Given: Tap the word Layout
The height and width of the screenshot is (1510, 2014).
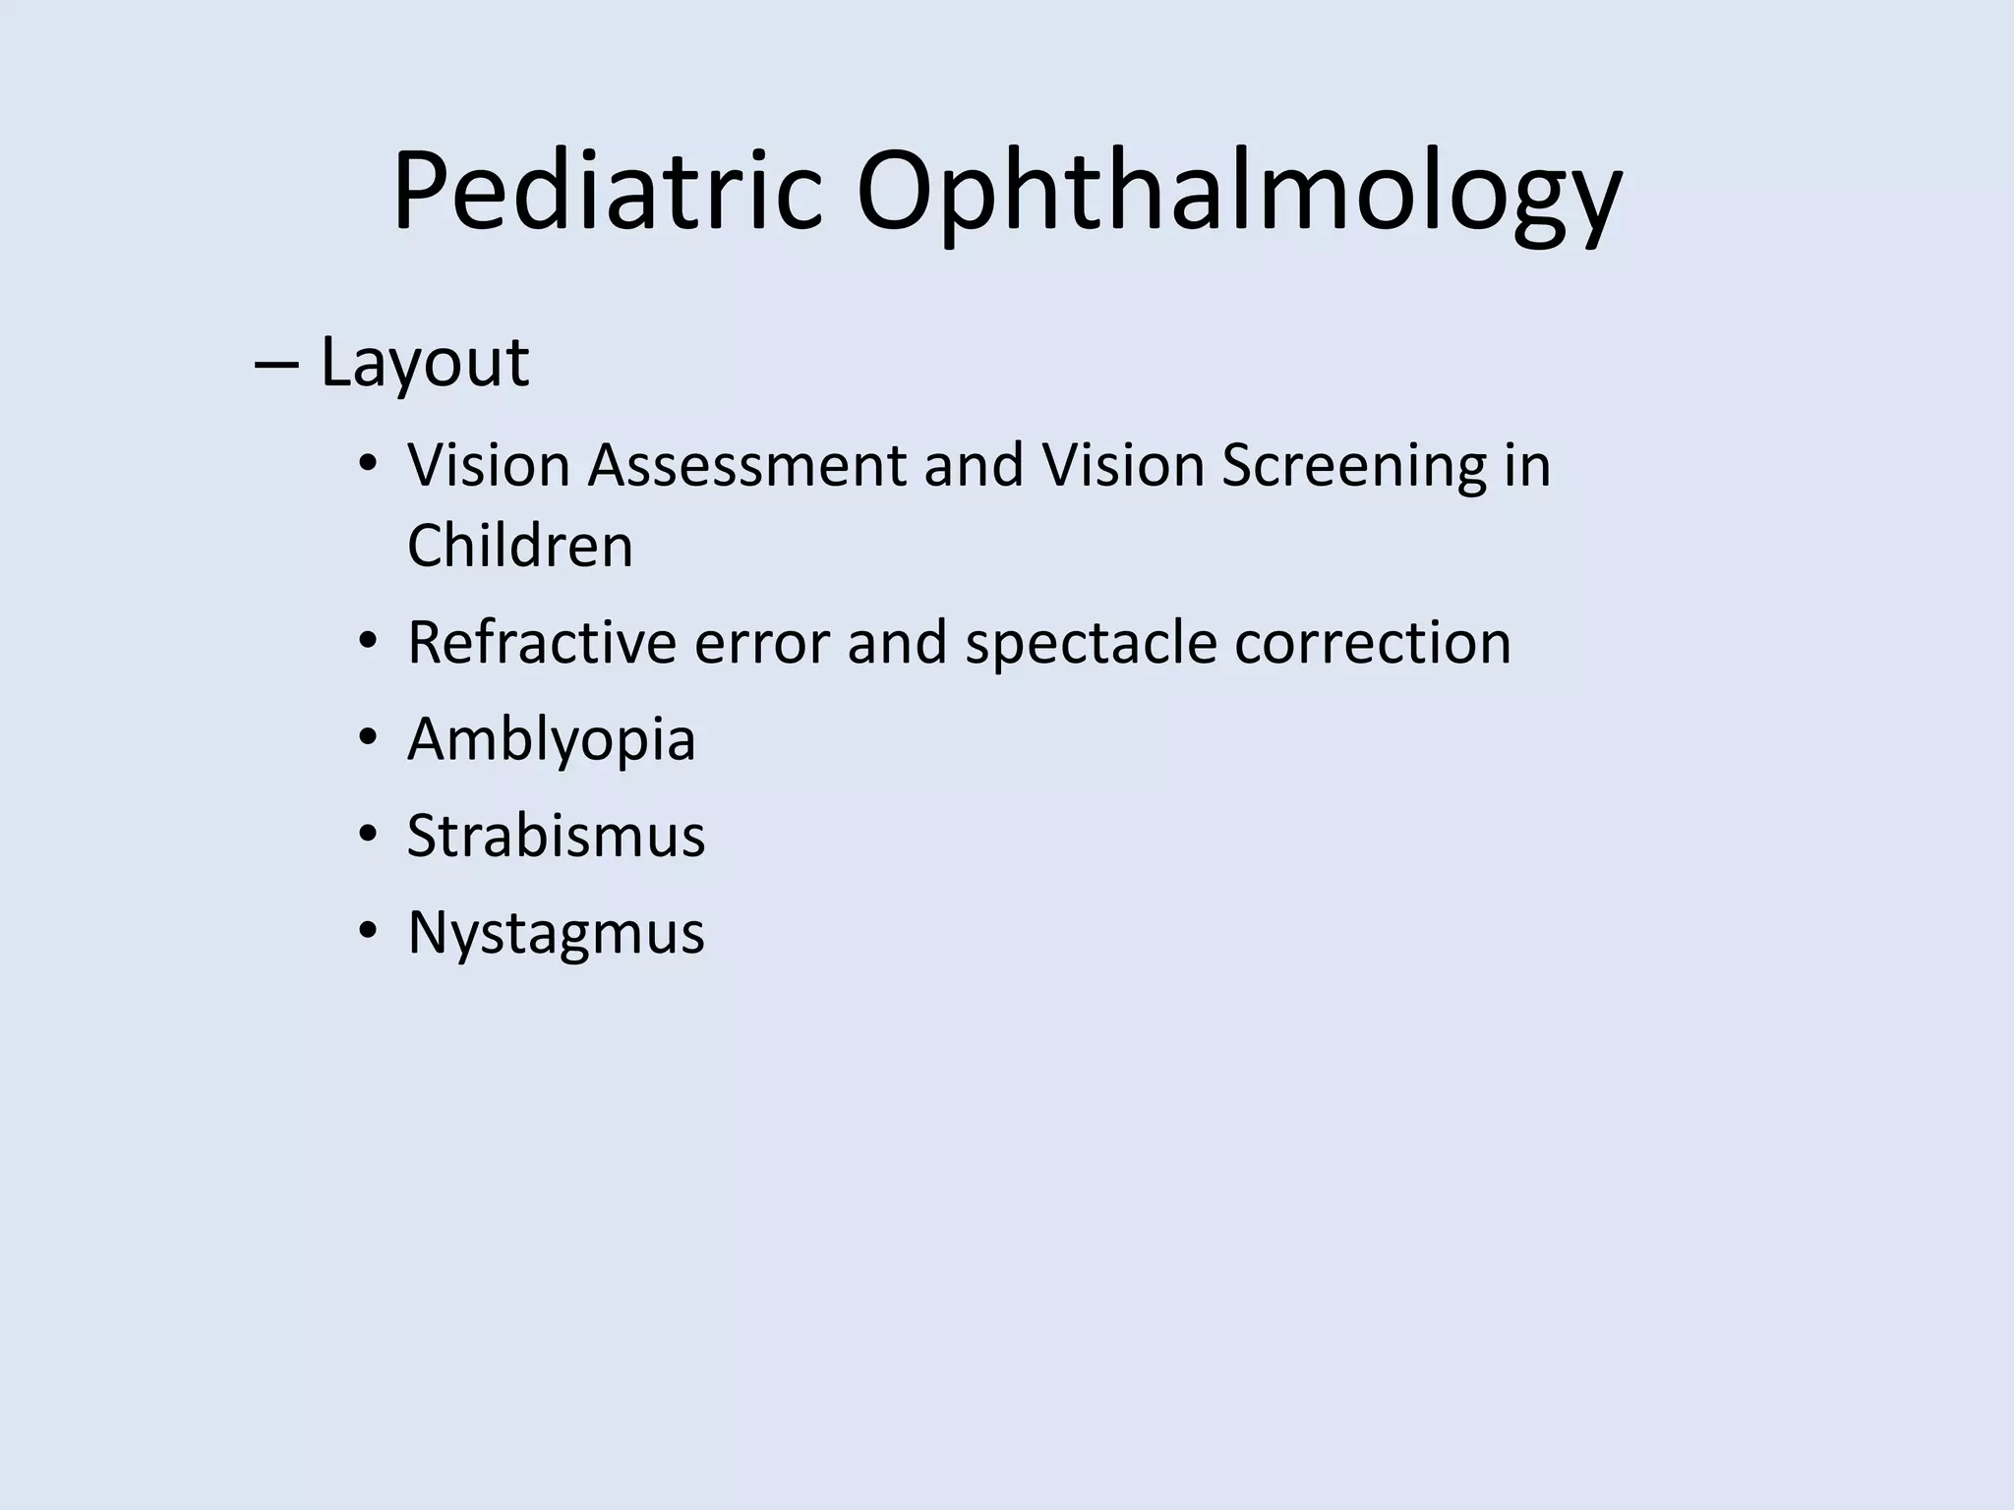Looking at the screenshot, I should (425, 363).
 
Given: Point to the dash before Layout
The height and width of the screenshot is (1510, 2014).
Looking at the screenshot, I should (276, 363).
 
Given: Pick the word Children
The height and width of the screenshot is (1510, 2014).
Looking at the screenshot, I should (520, 546).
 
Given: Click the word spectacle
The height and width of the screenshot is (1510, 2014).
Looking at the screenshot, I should (1091, 642).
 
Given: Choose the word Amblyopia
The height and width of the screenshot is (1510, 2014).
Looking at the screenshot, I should (552, 739).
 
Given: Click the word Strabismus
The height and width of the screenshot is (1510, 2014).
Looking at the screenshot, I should (557, 836).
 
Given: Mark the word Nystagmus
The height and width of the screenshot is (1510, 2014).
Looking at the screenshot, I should (557, 932).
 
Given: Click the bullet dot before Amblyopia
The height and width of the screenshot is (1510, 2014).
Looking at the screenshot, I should (368, 738).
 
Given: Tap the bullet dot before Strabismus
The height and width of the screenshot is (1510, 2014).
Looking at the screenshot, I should (368, 835).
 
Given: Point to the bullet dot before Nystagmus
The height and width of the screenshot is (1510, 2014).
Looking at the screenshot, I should (368, 931).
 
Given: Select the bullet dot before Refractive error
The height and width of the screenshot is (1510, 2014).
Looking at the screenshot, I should (368, 642).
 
